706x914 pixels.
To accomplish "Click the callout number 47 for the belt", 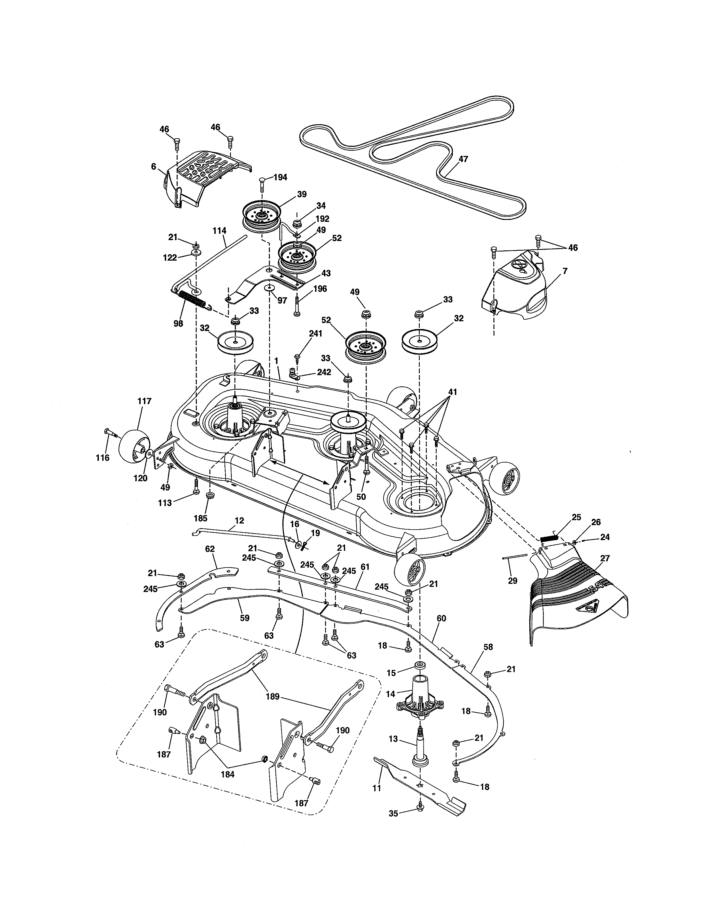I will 463,159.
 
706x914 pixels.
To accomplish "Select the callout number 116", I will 102,458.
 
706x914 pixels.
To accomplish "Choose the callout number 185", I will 200,518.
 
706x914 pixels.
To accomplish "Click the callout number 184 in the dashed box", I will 228,774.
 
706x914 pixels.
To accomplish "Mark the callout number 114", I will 219,231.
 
